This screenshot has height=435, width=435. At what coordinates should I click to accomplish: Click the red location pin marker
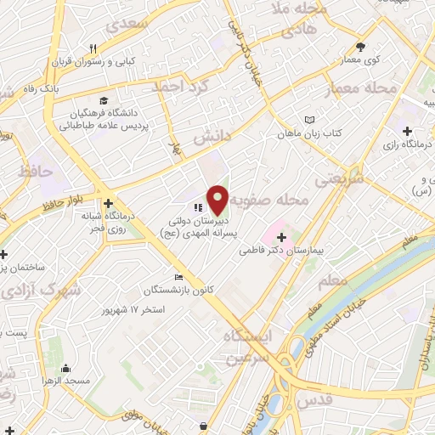pyautogui.click(x=218, y=199)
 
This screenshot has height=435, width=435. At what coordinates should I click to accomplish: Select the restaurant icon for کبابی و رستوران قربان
pyautogui.click(x=93, y=48)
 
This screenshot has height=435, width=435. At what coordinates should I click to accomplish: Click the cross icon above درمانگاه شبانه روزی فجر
pyautogui.click(x=109, y=203)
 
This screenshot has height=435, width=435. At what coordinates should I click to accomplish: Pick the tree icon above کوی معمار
pyautogui.click(x=360, y=46)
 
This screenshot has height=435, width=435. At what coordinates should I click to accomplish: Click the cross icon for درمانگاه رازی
pyautogui.click(x=408, y=132)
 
